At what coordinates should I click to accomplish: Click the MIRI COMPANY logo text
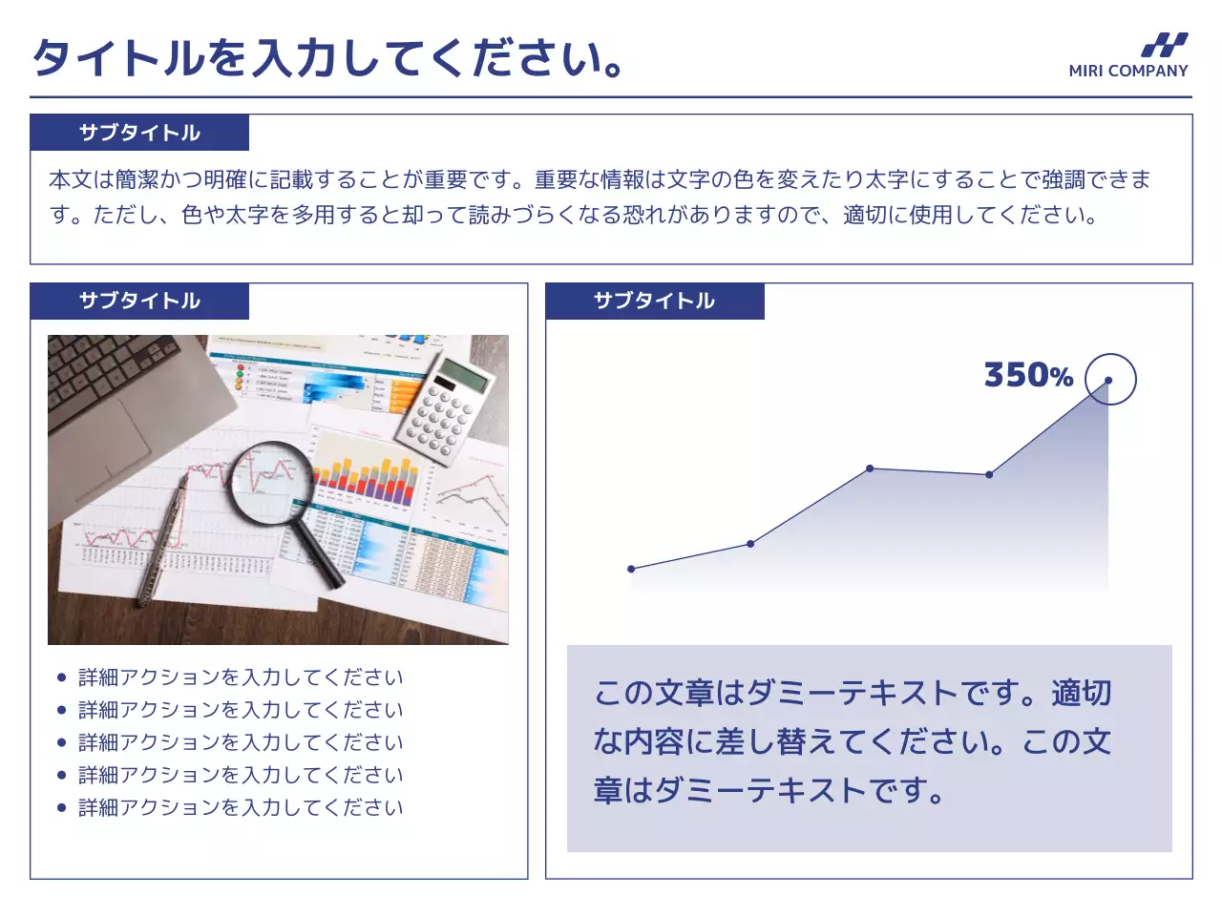pos(1127,71)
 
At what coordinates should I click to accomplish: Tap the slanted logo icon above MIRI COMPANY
pos(1164,45)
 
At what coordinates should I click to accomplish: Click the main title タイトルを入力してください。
pos(328,57)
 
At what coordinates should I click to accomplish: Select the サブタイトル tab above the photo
pos(139,302)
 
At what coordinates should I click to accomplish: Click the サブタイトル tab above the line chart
pos(654,302)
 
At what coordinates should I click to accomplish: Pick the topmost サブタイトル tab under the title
pos(139,133)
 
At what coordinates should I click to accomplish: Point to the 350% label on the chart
pos(1028,375)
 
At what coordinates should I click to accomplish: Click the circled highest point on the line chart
pos(1108,380)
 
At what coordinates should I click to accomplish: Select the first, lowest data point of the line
pos(631,569)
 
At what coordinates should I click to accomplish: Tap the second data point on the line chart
pos(750,544)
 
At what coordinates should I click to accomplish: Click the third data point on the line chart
pos(870,468)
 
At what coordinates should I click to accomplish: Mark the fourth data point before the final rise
pos(989,474)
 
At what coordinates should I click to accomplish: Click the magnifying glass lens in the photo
pos(271,483)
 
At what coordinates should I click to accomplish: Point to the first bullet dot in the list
pos(62,677)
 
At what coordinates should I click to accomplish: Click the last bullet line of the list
pos(241,808)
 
